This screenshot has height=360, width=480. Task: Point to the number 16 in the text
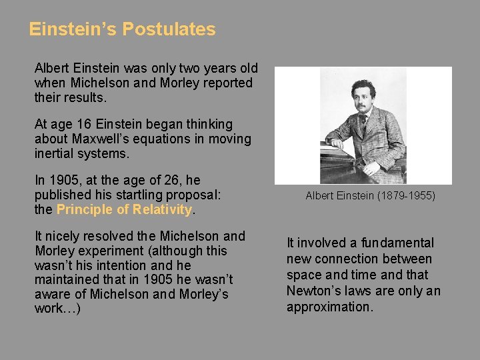click(x=85, y=125)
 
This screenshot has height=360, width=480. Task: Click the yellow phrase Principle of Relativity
click(x=125, y=209)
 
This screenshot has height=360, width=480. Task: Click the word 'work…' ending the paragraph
click(x=57, y=309)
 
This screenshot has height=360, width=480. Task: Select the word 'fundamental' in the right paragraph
click(x=398, y=243)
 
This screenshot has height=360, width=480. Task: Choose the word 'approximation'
click(x=329, y=307)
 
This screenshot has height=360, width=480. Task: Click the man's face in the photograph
click(x=363, y=94)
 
